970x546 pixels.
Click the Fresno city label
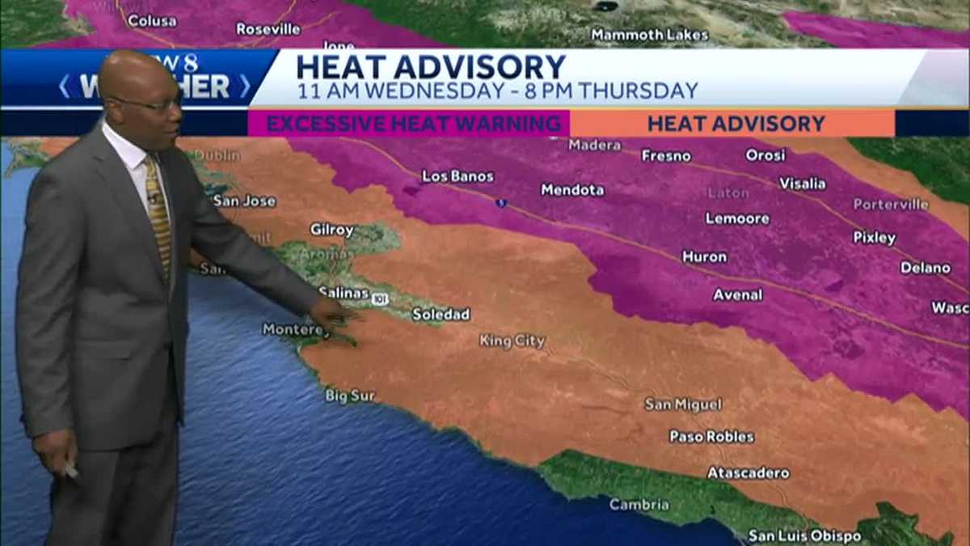(666, 155)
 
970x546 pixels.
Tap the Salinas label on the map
(344, 293)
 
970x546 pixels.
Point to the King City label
(512, 341)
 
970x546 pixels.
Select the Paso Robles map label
(711, 437)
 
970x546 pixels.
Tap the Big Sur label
(350, 396)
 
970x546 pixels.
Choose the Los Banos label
(458, 176)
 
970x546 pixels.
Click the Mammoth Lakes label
(649, 35)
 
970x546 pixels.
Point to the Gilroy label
(331, 230)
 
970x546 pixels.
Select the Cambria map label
(639, 505)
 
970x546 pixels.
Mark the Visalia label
(802, 184)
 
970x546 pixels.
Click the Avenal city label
(737, 295)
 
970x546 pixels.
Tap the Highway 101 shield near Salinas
(380, 299)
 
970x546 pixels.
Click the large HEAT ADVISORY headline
(431, 66)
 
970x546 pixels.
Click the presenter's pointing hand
(333, 313)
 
